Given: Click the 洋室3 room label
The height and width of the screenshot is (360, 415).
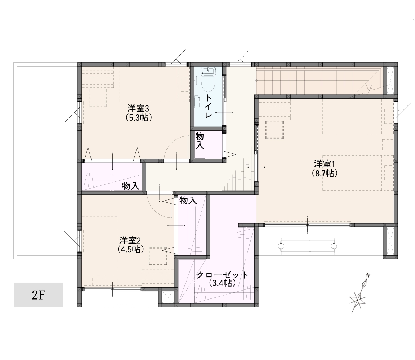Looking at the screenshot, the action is [138, 108].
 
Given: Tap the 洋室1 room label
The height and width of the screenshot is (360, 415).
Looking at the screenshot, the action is [325, 164].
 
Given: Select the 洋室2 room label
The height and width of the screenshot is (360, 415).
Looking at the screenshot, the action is [130, 240].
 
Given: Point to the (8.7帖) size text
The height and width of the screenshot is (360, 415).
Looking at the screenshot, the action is [325, 173].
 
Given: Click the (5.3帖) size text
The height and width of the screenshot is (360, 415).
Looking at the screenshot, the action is [138, 117].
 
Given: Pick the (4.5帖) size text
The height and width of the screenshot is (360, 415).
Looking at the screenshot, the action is [130, 249].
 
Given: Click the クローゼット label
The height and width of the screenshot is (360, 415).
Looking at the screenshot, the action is [222, 275].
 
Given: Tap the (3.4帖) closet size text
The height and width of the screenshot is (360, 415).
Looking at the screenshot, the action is [222, 283].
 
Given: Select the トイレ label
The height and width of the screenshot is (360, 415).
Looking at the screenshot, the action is [209, 106].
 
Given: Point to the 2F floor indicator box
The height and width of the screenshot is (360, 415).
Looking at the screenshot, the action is [39, 295].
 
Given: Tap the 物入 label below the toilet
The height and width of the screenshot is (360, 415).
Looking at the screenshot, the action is [200, 141].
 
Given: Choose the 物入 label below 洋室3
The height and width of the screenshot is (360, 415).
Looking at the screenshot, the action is [131, 186].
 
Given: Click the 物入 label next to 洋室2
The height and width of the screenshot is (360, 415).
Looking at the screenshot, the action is [188, 201].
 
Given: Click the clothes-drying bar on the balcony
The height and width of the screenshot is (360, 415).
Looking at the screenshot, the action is [307, 246].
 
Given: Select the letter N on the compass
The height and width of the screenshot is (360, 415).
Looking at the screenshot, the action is [367, 275].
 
